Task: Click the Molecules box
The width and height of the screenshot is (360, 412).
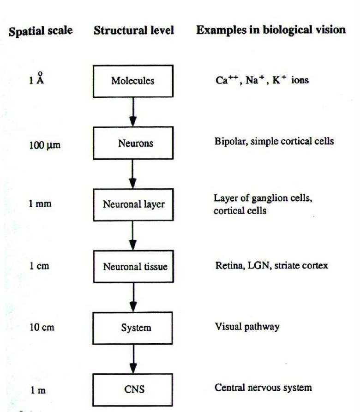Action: [133, 81]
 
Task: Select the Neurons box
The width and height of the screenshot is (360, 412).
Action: [133, 143]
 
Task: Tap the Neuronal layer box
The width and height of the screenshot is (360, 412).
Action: [133, 205]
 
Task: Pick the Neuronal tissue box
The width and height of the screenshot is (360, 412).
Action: [133, 266]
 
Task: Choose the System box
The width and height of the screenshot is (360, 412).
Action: [133, 328]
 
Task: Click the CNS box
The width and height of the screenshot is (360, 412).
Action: [133, 390]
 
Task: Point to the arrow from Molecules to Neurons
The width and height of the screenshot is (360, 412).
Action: [133, 112]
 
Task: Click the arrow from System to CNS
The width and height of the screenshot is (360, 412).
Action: [133, 359]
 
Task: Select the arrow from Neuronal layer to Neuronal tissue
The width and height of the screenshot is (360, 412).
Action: [133, 236]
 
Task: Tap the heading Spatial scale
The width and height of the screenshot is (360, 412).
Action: [41, 31]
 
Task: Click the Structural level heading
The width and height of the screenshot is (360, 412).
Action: [134, 30]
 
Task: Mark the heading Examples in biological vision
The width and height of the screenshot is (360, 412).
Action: [271, 30]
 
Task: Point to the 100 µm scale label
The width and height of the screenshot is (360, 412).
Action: [45, 145]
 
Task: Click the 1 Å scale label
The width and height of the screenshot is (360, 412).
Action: [36, 78]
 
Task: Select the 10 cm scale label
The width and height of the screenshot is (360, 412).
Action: [42, 328]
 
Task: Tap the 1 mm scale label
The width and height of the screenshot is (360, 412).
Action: [40, 203]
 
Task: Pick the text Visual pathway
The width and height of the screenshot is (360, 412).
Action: [247, 327]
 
